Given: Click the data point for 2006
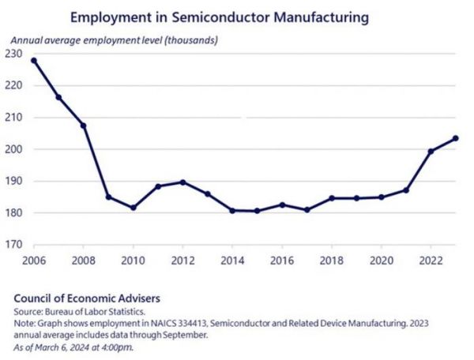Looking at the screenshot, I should click(33, 60).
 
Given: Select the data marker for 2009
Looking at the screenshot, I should click(107, 197).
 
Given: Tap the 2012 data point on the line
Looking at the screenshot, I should click(182, 182).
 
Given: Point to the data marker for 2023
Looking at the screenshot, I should click(456, 138).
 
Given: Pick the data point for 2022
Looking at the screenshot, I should click(431, 152).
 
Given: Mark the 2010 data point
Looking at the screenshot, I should click(133, 208).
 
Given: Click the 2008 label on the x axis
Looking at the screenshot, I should click(83, 261).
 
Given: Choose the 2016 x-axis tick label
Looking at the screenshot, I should click(282, 261).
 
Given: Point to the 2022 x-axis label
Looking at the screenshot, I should click(431, 261).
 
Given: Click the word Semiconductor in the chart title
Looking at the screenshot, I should click(209, 17).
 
